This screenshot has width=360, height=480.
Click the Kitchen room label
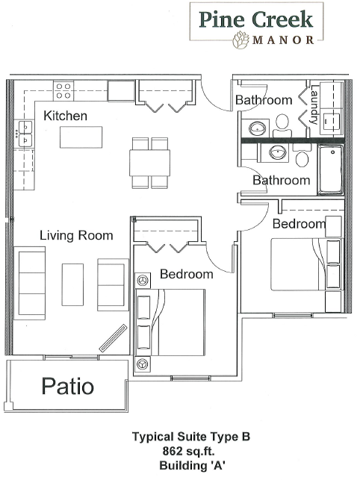pyautogui.click(x=65, y=116)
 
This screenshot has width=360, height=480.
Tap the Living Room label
pyautogui.click(x=76, y=235)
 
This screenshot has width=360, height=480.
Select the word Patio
pyautogui.click(x=68, y=386)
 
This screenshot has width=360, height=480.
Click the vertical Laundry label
pyautogui.click(x=314, y=104)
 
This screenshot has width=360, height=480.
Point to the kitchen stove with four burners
pyautogui.click(x=63, y=90)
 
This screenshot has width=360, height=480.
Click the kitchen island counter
pyautogui.click(x=81, y=137)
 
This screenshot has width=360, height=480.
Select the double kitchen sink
pyautogui.click(x=25, y=134)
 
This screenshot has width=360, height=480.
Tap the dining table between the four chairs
pyautogui.click(x=150, y=163)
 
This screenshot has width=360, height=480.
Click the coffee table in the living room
pyautogui.click(x=72, y=284)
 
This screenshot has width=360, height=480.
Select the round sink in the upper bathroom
pyautogui.click(x=257, y=129)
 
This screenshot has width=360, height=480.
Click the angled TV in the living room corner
pyautogui.click(x=113, y=338)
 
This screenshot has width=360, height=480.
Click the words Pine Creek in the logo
pyautogui.click(x=256, y=19)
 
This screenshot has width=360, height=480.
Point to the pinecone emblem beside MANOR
pyautogui.click(x=241, y=40)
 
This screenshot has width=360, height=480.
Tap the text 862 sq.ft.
pyautogui.click(x=188, y=451)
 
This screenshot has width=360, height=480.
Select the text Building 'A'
pyautogui.click(x=193, y=466)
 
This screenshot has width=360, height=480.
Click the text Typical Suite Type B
pyautogui.click(x=191, y=437)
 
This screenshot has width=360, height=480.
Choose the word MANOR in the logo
pyautogui.click(x=283, y=40)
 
